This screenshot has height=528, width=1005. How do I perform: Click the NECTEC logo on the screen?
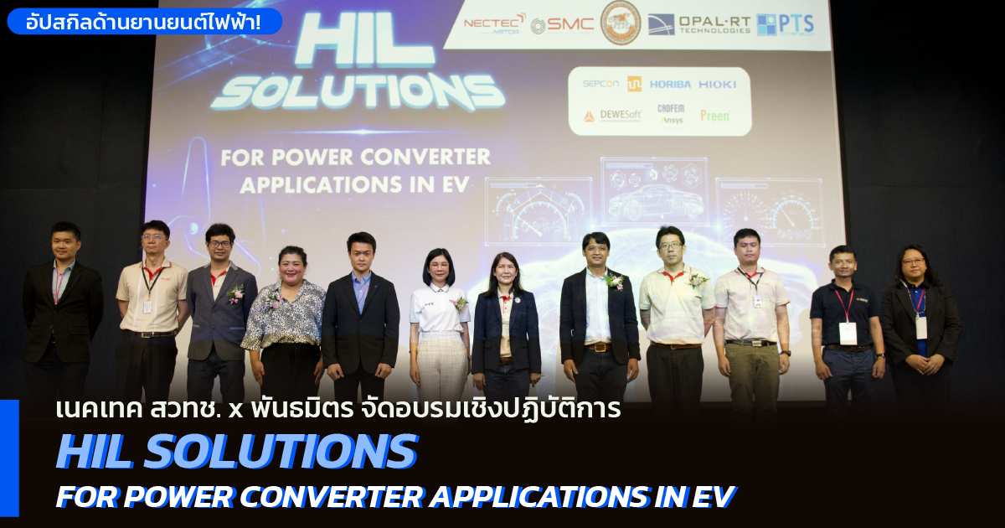(x=495, y=23)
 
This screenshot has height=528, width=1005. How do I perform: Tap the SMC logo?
(x=562, y=25)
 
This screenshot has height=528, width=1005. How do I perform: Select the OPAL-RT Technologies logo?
(x=700, y=23)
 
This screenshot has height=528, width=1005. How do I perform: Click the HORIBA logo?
(x=669, y=84)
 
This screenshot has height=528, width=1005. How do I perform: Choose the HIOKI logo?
(x=718, y=84)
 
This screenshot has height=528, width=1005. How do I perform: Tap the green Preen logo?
(x=714, y=116)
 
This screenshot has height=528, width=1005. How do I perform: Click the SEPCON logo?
(x=600, y=84)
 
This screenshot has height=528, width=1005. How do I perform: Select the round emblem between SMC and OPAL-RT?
(x=621, y=23)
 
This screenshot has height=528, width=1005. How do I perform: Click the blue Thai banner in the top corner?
(x=144, y=21)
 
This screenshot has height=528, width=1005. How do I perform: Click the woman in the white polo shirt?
(x=439, y=327)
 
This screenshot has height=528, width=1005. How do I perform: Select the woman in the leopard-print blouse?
(x=284, y=327)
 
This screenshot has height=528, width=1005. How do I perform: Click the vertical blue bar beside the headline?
(x=9, y=458)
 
